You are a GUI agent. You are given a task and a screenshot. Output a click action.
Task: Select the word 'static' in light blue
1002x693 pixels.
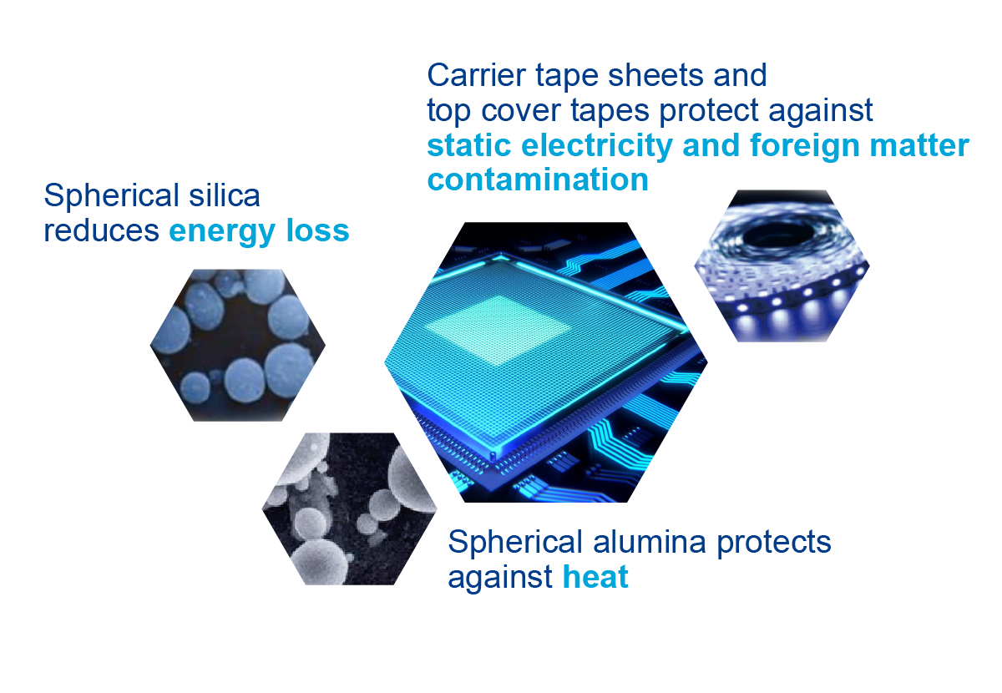(469, 145)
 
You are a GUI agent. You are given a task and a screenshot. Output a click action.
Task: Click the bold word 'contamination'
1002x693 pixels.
(538, 180)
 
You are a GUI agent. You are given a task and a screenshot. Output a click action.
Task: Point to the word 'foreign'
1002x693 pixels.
(805, 147)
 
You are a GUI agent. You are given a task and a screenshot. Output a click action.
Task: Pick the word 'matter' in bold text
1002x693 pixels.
(919, 145)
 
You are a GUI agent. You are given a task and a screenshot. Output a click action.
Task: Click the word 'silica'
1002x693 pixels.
(224, 195)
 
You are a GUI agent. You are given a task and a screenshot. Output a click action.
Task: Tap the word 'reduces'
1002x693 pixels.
(102, 230)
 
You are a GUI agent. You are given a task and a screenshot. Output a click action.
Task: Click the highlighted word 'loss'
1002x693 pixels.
(317, 230)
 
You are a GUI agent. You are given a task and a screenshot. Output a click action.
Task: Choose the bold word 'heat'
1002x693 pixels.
(595, 577)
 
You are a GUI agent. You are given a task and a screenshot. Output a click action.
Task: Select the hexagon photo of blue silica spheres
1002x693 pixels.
(237, 345)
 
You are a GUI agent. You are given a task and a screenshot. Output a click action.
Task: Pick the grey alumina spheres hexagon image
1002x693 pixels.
(349, 508)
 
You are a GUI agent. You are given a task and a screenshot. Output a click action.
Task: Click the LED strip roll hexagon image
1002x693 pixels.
(782, 266)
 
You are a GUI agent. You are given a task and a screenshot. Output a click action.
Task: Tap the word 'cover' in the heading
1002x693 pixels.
(521, 110)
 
